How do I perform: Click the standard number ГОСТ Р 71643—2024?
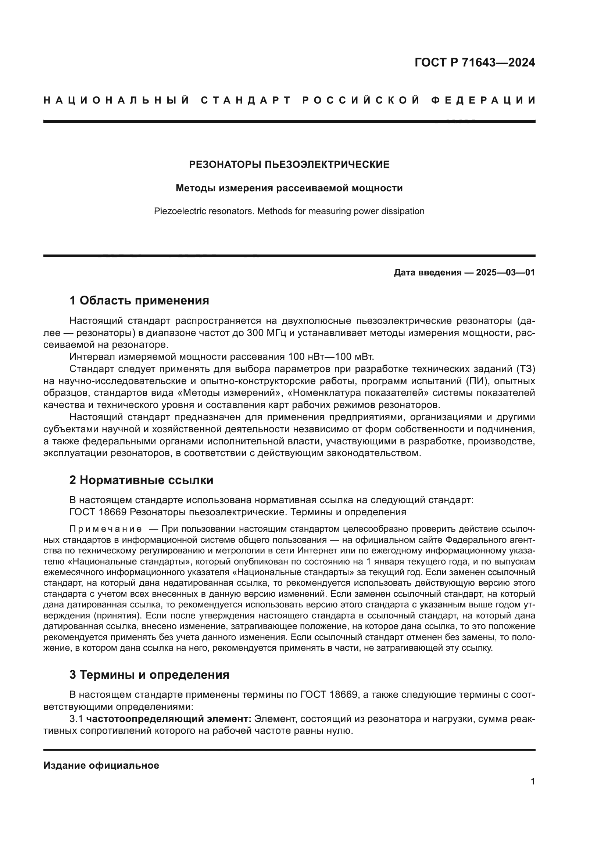point(474,62)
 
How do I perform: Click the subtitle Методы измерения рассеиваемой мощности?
point(289,188)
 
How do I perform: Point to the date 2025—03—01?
point(505,273)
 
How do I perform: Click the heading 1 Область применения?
point(139,300)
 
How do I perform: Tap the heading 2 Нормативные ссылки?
point(141,480)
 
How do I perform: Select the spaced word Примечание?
point(105,529)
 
